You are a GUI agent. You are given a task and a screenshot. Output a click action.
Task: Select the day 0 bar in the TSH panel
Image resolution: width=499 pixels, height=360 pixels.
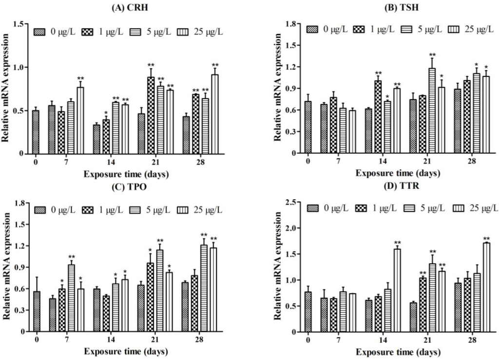pos(307,127)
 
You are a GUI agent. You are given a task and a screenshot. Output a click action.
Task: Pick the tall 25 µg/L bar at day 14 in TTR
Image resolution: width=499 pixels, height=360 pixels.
pos(398,290)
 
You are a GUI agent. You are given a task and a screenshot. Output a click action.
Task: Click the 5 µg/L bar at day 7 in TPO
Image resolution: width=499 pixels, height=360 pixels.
pos(71,298)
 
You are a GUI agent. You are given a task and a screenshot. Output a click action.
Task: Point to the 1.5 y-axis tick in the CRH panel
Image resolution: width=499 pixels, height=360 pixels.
pos(19,24)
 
